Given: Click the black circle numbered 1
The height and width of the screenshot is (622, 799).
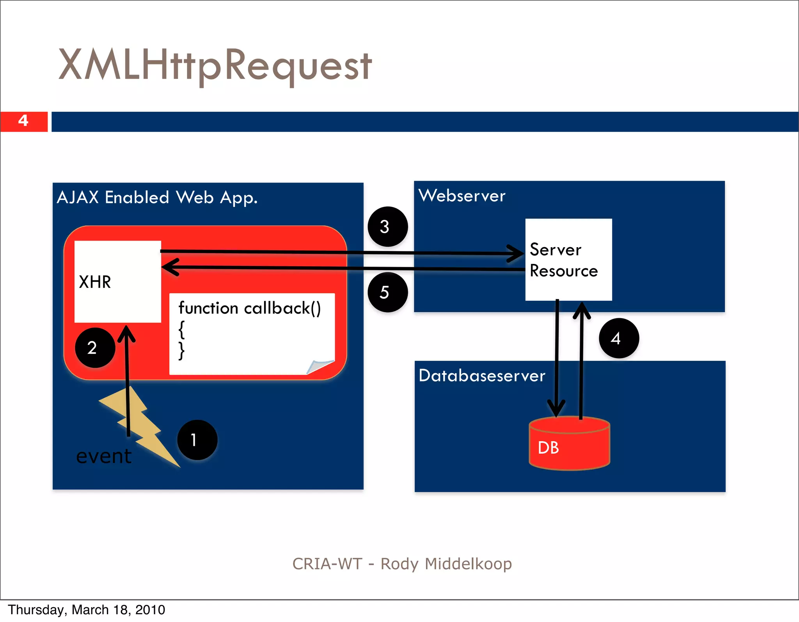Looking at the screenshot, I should pyautogui.click(x=197, y=440).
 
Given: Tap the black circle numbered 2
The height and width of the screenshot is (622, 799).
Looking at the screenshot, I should pyautogui.click(x=95, y=348).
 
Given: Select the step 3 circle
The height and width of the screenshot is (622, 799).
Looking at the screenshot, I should pyautogui.click(x=387, y=226).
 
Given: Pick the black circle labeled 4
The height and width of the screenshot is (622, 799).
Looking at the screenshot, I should pyautogui.click(x=619, y=338).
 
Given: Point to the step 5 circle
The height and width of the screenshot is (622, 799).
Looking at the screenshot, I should pyautogui.click(x=387, y=292).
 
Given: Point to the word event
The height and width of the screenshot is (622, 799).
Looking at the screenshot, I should pyautogui.click(x=104, y=456).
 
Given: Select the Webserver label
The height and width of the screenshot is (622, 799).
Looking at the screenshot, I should pyautogui.click(x=462, y=196).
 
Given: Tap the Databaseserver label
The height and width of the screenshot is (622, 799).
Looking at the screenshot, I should pyautogui.click(x=482, y=376).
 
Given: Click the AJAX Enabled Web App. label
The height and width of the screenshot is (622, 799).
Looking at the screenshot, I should pyautogui.click(x=157, y=198).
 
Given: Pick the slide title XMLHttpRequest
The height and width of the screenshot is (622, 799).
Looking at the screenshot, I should pyautogui.click(x=215, y=65).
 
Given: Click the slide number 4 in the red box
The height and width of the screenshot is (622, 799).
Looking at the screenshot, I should pyautogui.click(x=23, y=121).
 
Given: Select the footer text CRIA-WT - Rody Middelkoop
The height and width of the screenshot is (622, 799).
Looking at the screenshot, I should pyautogui.click(x=402, y=564).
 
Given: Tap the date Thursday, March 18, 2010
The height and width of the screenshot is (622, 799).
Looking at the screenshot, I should pyautogui.click(x=87, y=610).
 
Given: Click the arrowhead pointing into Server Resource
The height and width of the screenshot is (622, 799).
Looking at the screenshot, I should pyautogui.click(x=517, y=253).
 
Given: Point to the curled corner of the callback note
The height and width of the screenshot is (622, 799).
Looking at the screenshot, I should pyautogui.click(x=319, y=366).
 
